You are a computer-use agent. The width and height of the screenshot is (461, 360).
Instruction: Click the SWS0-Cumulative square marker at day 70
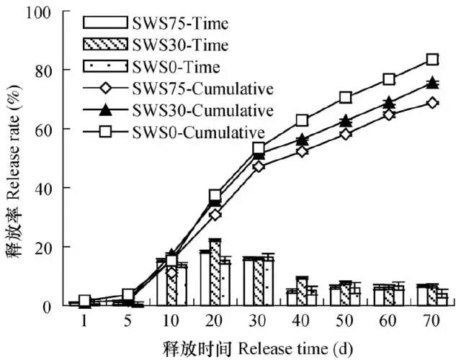coord(432,60)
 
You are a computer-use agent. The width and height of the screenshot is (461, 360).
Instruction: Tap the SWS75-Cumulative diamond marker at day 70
coord(432,103)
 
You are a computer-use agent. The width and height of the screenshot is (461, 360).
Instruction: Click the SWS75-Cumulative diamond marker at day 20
coord(215,215)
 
